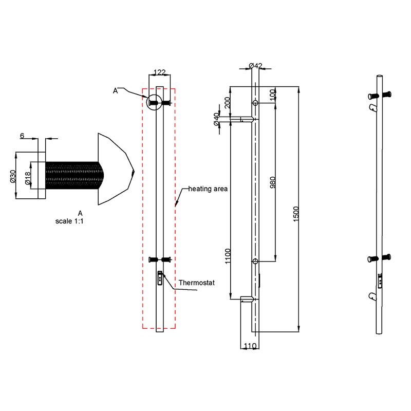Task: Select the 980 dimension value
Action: click(x=273, y=182)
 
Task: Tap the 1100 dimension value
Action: click(x=228, y=255)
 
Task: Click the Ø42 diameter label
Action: click(x=255, y=65)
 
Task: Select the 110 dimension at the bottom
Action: click(x=250, y=346)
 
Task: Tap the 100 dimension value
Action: click(x=273, y=95)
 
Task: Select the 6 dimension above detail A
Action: click(x=22, y=136)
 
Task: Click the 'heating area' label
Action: click(x=208, y=189)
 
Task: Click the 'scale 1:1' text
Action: click(x=73, y=221)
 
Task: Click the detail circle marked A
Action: click(x=154, y=103)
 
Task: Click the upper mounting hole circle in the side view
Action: click(x=255, y=103)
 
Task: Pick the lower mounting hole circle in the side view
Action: click(x=255, y=261)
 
